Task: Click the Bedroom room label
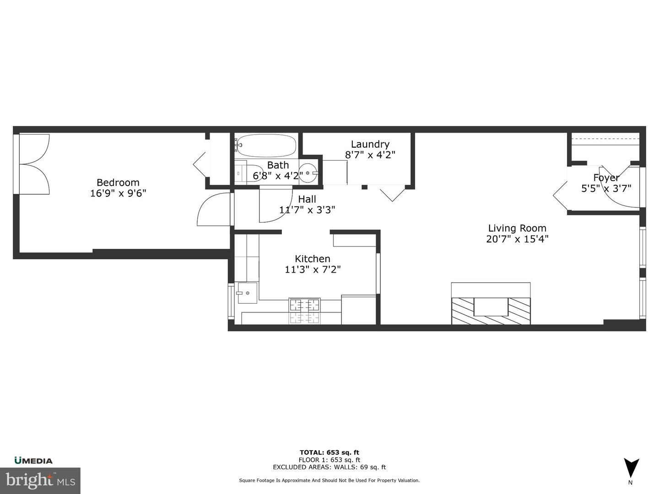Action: (x=118, y=183)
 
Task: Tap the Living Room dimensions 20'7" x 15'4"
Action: (x=517, y=239)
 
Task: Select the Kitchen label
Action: (x=313, y=258)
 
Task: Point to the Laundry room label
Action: (x=370, y=144)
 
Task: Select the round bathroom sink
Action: (x=308, y=173)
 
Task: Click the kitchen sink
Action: (x=247, y=293)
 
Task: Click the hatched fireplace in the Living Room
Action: (x=491, y=311)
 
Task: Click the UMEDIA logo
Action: (x=33, y=461)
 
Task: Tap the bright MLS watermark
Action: (x=40, y=480)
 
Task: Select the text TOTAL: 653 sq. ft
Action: (x=329, y=452)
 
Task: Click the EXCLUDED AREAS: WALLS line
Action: (x=329, y=467)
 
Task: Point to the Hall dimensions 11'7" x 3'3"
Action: (x=307, y=209)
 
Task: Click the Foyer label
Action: (x=606, y=177)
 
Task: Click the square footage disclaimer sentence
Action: (x=329, y=480)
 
